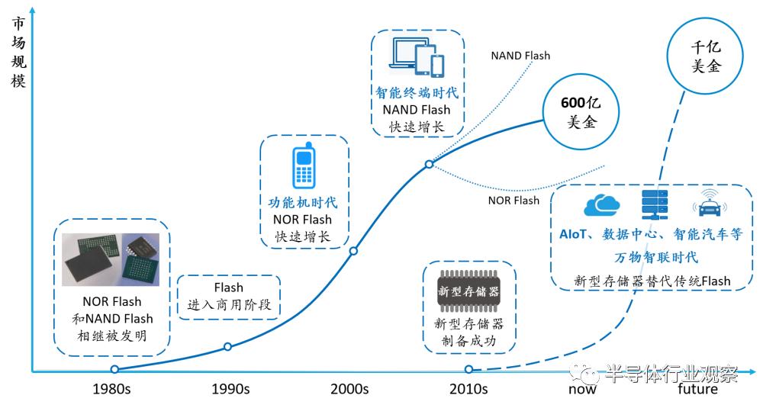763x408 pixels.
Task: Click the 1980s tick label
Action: tap(111, 389)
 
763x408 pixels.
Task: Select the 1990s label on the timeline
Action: tap(230, 389)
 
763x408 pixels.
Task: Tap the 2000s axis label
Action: tap(349, 389)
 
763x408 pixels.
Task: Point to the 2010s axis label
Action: tap(468, 389)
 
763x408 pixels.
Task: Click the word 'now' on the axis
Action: tap(582, 390)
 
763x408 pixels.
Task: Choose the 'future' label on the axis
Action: tap(697, 389)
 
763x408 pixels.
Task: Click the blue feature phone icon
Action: tap(304, 165)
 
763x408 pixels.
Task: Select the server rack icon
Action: tap(655, 204)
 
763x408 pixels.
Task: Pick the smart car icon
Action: tap(710, 204)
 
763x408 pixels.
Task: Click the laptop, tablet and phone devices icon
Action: tap(417, 57)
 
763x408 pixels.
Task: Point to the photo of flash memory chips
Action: tap(111, 260)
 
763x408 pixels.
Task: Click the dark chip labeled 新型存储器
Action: tap(468, 291)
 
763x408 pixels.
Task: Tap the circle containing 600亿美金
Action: tap(581, 112)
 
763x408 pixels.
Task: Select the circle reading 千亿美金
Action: tap(705, 56)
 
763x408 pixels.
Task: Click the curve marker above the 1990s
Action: tap(227, 347)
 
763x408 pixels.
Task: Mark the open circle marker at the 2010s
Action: tap(468, 370)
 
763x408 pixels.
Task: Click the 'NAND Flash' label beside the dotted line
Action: tap(520, 56)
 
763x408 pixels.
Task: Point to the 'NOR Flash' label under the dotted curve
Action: tap(513, 201)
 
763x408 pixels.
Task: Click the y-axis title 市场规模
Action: tap(18, 52)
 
